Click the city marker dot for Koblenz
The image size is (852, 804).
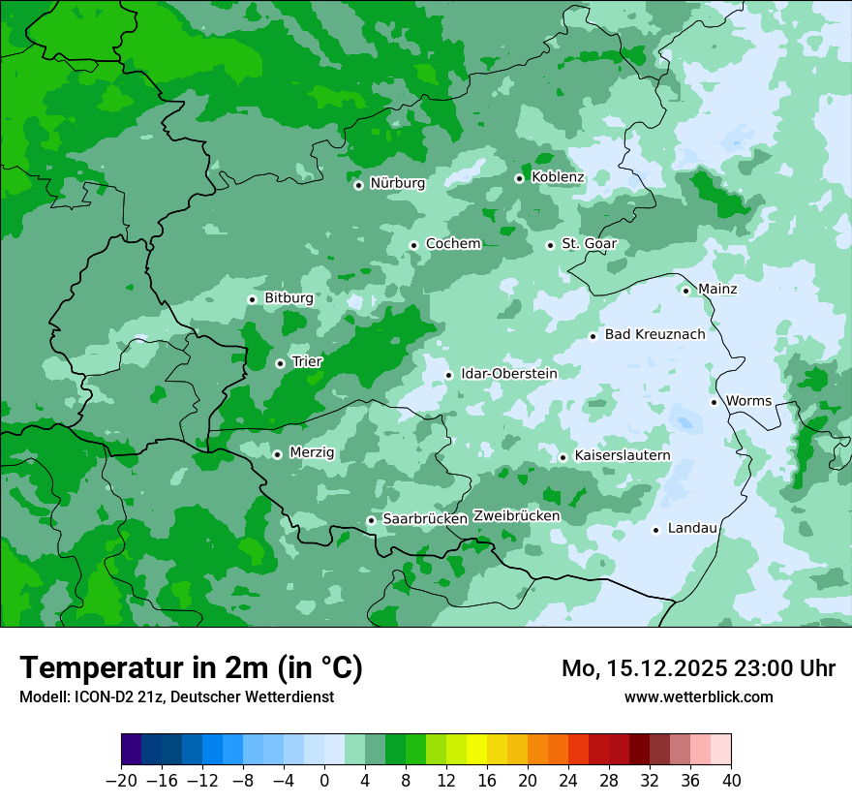519,178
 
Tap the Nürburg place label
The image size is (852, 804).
397,183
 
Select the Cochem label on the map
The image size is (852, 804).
452,244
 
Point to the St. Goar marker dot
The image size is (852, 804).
550,245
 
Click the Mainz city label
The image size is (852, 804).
716,290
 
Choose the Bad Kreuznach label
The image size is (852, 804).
654,335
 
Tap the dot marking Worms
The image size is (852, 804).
714,402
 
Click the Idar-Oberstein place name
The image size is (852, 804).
508,374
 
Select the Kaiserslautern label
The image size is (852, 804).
622,456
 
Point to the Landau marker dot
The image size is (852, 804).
655,530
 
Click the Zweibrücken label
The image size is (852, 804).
516,516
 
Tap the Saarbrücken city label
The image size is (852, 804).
425,519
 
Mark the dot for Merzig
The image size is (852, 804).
277,454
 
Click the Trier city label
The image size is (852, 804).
307,362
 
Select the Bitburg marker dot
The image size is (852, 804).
252,299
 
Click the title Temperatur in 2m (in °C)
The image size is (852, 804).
191,668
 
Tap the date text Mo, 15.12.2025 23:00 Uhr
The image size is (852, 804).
698,668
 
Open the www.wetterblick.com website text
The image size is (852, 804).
698,696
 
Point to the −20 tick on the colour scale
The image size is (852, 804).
121,781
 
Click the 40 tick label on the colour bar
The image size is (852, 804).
731,781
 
